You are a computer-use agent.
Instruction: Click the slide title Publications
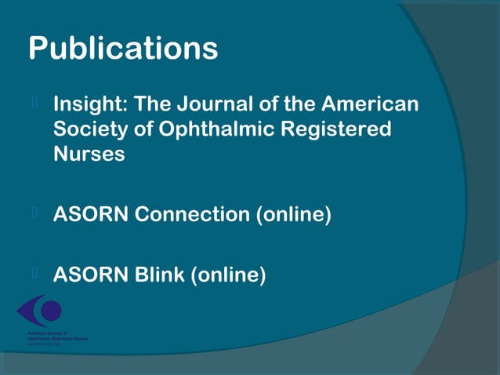coord(123,49)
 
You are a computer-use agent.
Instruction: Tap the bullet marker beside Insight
coord(34,102)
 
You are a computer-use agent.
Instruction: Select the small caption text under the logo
coord(52,337)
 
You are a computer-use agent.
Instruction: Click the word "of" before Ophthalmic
coord(143,129)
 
